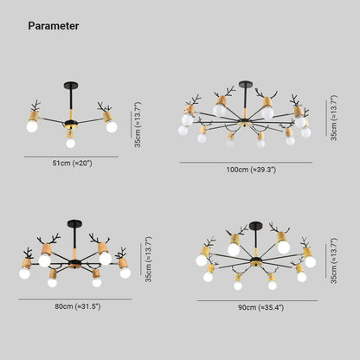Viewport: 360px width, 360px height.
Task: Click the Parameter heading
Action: pyautogui.click(x=54, y=26)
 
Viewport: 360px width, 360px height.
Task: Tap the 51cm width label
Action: pyautogui.click(x=72, y=164)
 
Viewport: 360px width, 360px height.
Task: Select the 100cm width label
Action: pyautogui.click(x=251, y=170)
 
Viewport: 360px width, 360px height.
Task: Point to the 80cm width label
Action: pyautogui.click(x=78, y=306)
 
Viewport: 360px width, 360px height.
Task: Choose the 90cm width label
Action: pyautogui.click(x=261, y=307)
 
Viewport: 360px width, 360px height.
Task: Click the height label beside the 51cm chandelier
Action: pyautogui.click(x=138, y=125)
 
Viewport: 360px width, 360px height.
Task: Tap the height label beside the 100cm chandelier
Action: pyautogui.click(x=334, y=118)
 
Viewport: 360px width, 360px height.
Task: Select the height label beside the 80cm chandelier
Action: pyautogui.click(x=148, y=260)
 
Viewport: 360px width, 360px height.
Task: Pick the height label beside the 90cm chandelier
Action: pyautogui.click(x=334, y=260)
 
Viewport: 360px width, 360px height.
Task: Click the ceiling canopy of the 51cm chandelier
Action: pyautogui.click(x=71, y=86)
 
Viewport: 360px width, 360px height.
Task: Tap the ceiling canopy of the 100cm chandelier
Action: pyautogui.click(x=246, y=84)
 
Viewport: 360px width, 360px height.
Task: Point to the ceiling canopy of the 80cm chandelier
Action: pyautogui.click(x=74, y=223)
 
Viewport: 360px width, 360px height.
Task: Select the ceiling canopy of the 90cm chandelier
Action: pyautogui.click(x=256, y=226)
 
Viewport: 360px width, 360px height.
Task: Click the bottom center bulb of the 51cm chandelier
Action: pyautogui.click(x=71, y=143)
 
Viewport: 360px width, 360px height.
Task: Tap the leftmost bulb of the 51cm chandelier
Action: pyautogui.click(x=32, y=126)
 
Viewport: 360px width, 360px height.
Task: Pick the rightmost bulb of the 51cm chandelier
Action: pyautogui.click(x=112, y=127)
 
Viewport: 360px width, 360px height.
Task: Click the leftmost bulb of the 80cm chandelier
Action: pyautogui.click(x=24, y=273)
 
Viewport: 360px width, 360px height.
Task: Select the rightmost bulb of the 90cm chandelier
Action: pyautogui.click(x=311, y=262)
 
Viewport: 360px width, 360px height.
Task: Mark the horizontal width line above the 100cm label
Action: pyautogui.click(x=247, y=163)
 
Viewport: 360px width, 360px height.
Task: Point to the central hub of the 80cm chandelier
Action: pyautogui.click(x=75, y=263)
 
